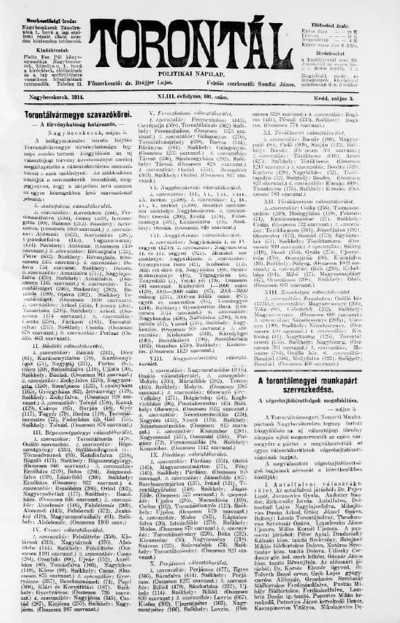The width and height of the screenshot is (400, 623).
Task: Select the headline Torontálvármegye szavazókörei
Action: [x=68, y=114]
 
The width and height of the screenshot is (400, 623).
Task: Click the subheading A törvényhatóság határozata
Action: [x=68, y=123]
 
